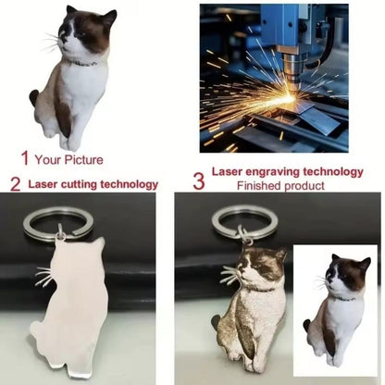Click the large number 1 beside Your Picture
(25, 158)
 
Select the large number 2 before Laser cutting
(16, 184)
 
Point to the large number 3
(199, 181)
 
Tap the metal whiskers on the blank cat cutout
(45, 277)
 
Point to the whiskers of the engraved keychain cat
(230, 275)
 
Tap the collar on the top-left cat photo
(83, 64)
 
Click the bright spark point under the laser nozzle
(290, 98)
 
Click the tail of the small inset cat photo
(306, 326)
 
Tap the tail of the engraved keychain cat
(217, 321)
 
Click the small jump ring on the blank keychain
(60, 232)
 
